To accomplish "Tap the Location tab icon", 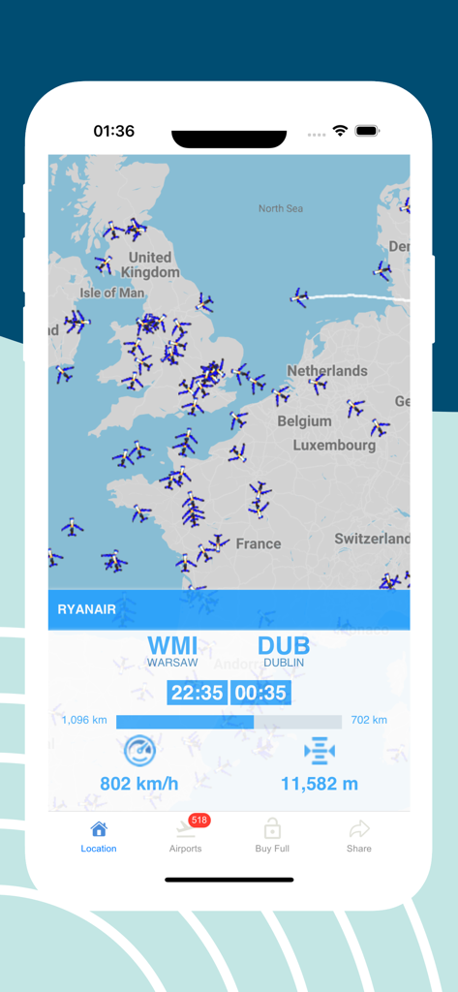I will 99,829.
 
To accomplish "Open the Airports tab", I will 185,830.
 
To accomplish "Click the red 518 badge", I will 200,821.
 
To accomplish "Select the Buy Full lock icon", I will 272,829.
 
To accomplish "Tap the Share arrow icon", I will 359,829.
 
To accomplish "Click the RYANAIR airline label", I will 87,609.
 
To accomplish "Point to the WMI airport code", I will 172,646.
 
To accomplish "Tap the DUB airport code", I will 284,646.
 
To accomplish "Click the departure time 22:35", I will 197,693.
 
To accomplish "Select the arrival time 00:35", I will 261,693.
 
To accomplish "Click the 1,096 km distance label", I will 84,720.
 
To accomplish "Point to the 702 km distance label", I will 369,720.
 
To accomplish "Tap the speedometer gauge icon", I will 139,751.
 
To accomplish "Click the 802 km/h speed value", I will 139,784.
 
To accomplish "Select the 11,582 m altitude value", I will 320,784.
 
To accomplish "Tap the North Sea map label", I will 281,208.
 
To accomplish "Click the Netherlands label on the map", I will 327,371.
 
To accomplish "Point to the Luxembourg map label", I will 335,446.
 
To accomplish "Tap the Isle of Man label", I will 112,293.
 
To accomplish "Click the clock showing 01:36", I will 114,131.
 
